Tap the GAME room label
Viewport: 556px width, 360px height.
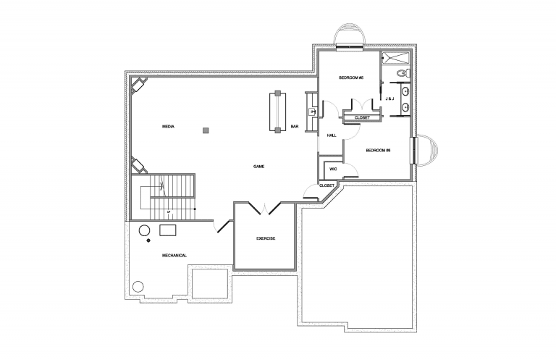click(258, 166)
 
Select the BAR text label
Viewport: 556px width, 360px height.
click(295, 127)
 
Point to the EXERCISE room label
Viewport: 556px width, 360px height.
click(265, 238)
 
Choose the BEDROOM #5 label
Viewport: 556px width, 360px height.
click(350, 78)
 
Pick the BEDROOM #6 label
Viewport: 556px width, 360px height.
click(378, 150)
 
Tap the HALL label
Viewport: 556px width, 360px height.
click(332, 135)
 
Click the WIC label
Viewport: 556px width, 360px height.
click(333, 169)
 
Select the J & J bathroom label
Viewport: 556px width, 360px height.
click(389, 99)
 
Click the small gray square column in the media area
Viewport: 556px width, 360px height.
click(206, 130)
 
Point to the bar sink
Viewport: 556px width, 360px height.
click(312, 112)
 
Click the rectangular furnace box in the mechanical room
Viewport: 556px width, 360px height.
click(169, 230)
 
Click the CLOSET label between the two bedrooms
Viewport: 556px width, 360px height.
click(362, 117)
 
